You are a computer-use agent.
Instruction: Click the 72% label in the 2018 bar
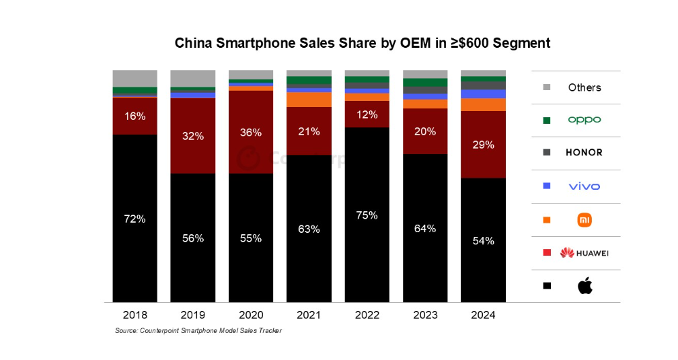pos(135,219)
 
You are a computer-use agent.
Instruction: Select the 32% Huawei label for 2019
pos(192,136)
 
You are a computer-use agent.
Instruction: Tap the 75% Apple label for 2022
pos(367,215)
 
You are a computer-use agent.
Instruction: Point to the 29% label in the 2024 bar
pos(483,145)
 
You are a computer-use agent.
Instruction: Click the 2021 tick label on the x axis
pos(309,316)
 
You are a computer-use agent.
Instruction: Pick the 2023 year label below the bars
pos(425,316)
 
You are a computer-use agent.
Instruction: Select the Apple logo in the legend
pos(585,286)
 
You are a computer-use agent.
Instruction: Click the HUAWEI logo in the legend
pos(585,253)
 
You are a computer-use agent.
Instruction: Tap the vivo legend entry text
pos(585,186)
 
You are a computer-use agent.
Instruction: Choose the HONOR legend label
pos(585,153)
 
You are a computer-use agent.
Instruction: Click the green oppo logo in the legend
pos(585,120)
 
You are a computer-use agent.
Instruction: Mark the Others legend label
pos(585,87)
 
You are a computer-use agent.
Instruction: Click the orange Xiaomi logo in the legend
pos(585,219)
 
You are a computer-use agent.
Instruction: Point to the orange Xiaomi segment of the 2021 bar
pos(309,100)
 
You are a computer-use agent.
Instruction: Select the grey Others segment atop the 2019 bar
pos(192,78)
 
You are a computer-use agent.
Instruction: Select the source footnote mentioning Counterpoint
pos(198,331)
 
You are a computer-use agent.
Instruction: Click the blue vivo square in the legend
pos(547,186)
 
